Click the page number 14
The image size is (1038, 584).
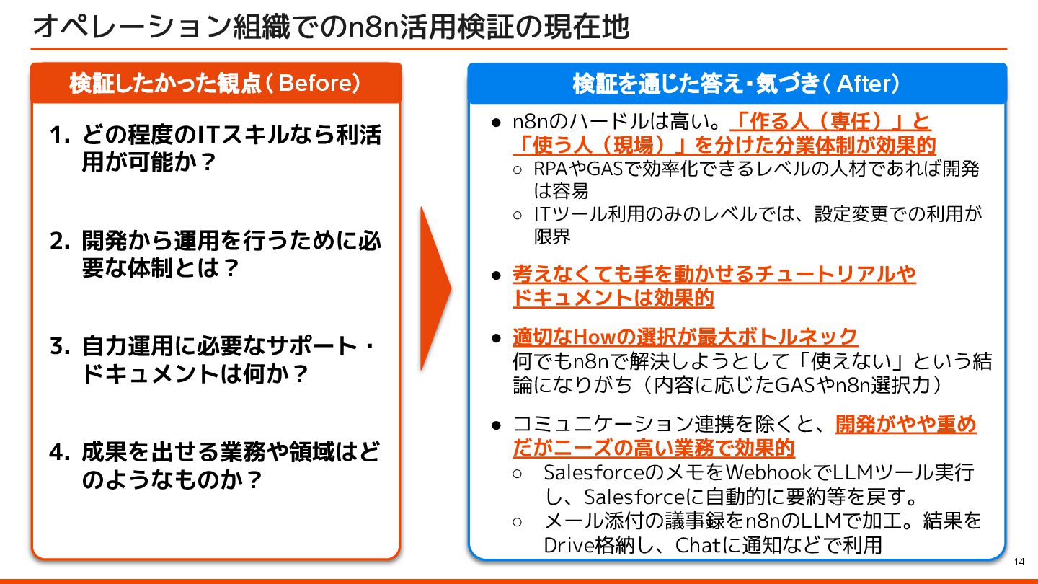(x=1019, y=562)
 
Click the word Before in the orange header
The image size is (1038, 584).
(x=314, y=84)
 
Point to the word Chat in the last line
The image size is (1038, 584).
(x=698, y=544)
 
